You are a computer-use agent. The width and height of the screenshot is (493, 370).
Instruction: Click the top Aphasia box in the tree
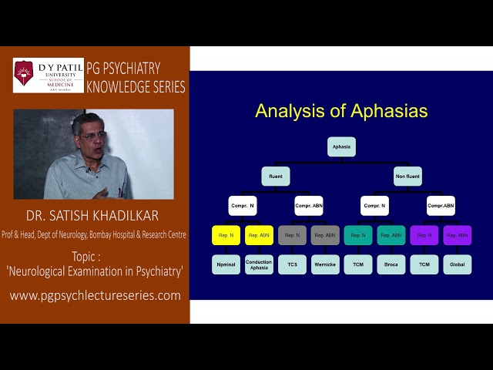pos(341,146)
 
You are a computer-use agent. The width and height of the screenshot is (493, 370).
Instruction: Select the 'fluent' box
pos(276,176)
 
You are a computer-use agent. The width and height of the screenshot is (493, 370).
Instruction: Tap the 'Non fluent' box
pos(407,176)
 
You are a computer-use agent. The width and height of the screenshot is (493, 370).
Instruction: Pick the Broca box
pos(391,264)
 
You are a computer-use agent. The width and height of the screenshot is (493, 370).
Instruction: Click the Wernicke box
pos(325,264)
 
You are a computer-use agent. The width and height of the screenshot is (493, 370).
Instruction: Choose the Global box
pos(458,264)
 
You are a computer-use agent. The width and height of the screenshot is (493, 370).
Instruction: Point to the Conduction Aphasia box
pos(259,264)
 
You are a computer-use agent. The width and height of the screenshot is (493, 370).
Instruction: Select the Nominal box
pos(226,264)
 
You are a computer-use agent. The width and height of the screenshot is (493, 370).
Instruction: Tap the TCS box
pos(292,264)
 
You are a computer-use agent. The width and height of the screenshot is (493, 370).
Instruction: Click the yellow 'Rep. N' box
pos(226,235)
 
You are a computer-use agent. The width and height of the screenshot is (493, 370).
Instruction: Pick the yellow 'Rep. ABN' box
pos(259,235)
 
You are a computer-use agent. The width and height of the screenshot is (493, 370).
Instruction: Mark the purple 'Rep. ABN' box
pos(458,235)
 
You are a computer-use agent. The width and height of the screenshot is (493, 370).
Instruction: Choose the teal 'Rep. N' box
pos(358,235)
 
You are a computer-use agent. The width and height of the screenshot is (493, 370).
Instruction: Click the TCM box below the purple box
pos(424,264)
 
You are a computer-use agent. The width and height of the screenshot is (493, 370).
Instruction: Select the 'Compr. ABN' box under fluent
pos(309,206)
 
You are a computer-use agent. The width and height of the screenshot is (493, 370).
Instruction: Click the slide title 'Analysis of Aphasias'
pos(341,111)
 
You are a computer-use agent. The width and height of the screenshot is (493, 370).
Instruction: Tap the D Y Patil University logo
pos(49,76)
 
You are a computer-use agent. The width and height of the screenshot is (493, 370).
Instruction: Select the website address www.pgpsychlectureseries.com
pos(95,295)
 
